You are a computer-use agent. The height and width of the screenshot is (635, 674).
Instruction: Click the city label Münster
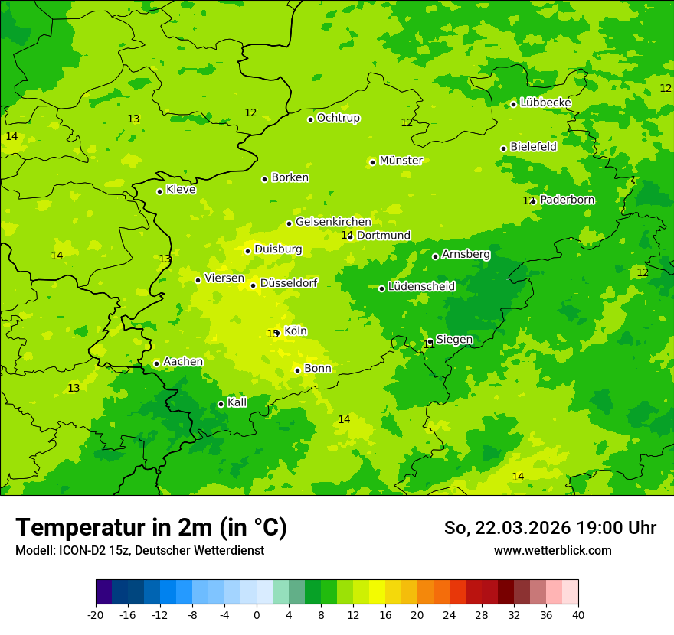[x=401, y=161]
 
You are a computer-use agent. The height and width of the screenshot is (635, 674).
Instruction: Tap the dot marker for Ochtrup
[x=311, y=119]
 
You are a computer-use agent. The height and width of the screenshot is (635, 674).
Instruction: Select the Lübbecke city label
[x=545, y=103]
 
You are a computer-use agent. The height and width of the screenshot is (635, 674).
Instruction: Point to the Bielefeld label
[x=533, y=147]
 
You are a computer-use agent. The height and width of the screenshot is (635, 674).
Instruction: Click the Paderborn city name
[x=567, y=200]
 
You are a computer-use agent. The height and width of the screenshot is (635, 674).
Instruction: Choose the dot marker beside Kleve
[x=159, y=191]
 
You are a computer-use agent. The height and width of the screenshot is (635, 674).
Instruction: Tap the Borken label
[x=290, y=177]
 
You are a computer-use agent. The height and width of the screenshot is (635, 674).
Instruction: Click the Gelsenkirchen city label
[x=333, y=222]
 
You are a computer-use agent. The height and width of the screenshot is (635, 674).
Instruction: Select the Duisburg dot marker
[x=247, y=251]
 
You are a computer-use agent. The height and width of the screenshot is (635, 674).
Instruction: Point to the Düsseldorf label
[x=289, y=283]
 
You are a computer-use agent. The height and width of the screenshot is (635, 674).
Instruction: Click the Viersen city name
[x=224, y=278]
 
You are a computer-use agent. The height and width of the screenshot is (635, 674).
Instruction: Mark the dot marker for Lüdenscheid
[x=381, y=288]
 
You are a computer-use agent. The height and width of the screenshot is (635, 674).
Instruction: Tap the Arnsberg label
[x=466, y=254]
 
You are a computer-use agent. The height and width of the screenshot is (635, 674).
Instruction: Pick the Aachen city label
[x=183, y=362]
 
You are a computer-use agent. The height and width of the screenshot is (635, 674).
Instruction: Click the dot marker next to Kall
[x=221, y=404]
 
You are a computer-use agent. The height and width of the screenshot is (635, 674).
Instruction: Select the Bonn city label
[x=318, y=369]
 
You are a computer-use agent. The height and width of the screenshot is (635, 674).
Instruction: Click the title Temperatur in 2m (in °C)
[x=151, y=527]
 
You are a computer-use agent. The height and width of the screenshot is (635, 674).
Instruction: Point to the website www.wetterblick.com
[x=552, y=550]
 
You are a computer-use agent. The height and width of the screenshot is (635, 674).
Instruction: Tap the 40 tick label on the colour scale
[x=578, y=614]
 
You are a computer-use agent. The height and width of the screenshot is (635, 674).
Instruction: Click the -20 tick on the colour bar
[x=96, y=614]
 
